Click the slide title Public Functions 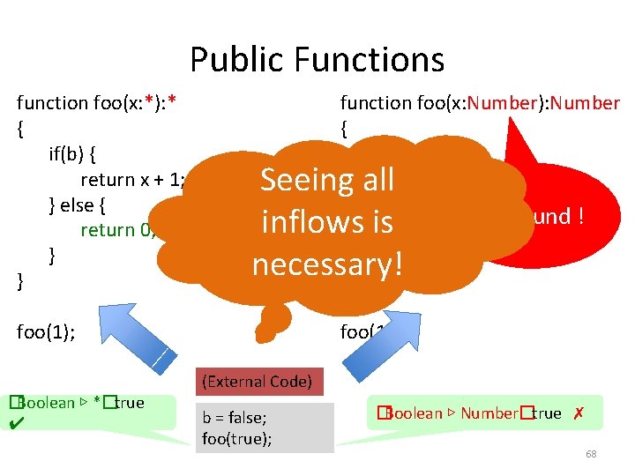tap(317, 60)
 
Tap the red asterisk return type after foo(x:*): tap(173, 103)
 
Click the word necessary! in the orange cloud tap(326, 262)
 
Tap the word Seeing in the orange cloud tap(296, 181)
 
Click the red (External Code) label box tap(257, 382)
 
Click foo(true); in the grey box tap(236, 438)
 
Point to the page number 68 tap(591, 454)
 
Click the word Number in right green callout tap(489, 413)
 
